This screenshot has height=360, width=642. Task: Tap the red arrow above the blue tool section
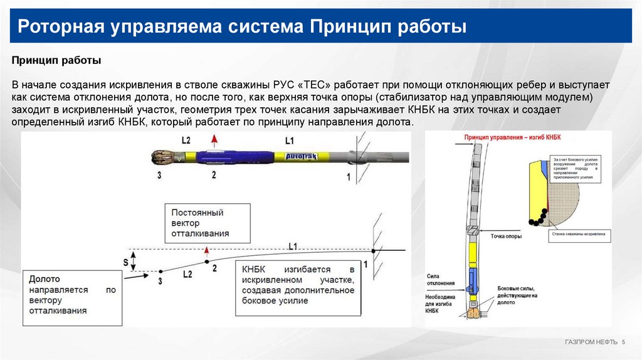tap(214, 140)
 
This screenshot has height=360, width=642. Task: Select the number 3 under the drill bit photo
tap(160, 176)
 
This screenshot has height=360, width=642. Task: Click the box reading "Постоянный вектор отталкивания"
tap(207, 223)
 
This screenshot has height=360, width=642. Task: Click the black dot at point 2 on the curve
tap(206, 260)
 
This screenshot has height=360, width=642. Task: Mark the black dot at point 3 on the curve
tap(160, 271)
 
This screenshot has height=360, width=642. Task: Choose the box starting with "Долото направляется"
tap(72, 297)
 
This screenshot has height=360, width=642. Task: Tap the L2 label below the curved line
tap(187, 274)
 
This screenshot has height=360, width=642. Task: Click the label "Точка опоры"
tap(506, 236)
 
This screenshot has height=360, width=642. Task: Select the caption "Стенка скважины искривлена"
tap(579, 233)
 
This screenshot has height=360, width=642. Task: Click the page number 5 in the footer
tap(624, 341)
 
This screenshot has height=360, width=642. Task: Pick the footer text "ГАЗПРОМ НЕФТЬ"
tap(591, 341)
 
